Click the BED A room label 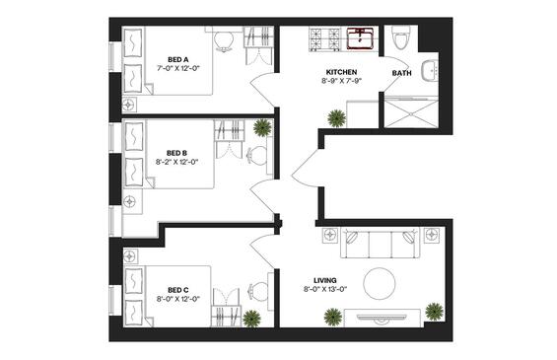pos(178,59)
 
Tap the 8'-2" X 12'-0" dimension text pos(176,162)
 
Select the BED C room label pos(178,290)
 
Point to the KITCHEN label pos(341,72)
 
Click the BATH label pos(402,73)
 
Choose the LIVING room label pos(325,280)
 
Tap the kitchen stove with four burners pos(325,39)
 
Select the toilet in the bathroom pos(400,37)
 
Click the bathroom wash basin pos(430,70)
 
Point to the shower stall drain pos(411,114)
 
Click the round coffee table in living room pos(380,284)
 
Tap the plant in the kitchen pos(336,118)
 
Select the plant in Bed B pos(262,127)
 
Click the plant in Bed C pos(251,319)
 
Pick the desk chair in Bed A pos(224,41)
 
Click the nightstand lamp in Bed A pos(129,105)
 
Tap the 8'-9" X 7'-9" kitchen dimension pos(341,81)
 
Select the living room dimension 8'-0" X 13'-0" pos(325,289)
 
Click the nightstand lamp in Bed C pos(130,255)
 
